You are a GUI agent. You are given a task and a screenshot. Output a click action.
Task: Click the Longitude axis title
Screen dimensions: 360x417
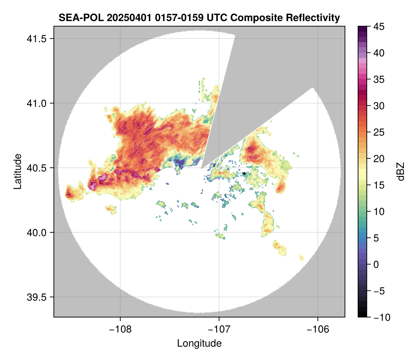point(199,343)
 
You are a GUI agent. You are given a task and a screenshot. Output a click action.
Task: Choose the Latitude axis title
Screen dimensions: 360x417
point(17,171)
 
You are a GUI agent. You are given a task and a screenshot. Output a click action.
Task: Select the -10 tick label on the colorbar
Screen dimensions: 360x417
point(380,317)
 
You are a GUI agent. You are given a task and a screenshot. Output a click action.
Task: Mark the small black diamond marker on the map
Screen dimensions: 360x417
point(244,174)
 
